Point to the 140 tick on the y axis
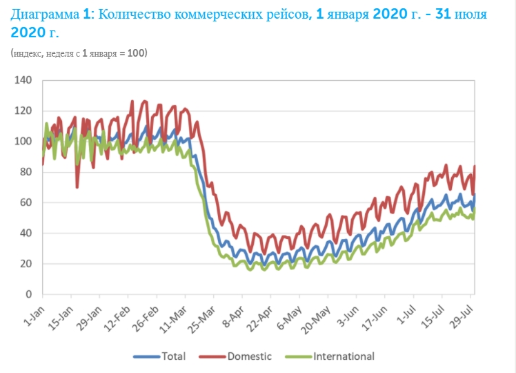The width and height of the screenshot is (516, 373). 24,81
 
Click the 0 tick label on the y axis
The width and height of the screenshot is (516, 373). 30,294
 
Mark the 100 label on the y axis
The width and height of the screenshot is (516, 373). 24,142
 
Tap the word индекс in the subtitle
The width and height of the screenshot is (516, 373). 28,53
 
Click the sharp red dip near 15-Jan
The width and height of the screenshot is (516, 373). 77,186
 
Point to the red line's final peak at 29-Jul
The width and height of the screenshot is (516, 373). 475,166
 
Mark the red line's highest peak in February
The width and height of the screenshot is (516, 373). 144,101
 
